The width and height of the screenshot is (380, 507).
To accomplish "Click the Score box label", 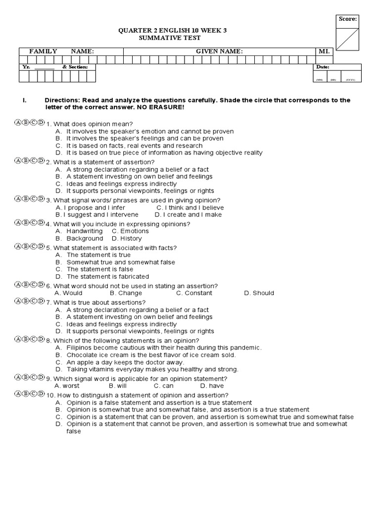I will tap(348, 19).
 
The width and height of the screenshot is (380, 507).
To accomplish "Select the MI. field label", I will tap(325, 51).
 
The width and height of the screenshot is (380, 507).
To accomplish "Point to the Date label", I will tap(322, 67).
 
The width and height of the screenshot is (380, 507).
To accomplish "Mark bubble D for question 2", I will tap(41, 161).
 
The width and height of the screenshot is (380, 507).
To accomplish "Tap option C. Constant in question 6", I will tap(194, 293).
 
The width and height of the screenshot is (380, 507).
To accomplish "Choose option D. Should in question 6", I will tap(259, 293).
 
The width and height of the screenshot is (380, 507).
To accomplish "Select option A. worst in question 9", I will tap(67, 385).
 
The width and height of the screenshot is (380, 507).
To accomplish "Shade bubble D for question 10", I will tap(41, 394).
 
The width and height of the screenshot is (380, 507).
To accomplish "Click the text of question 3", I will tap(133, 200).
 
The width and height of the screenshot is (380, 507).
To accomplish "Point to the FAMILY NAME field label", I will tap(61, 51).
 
